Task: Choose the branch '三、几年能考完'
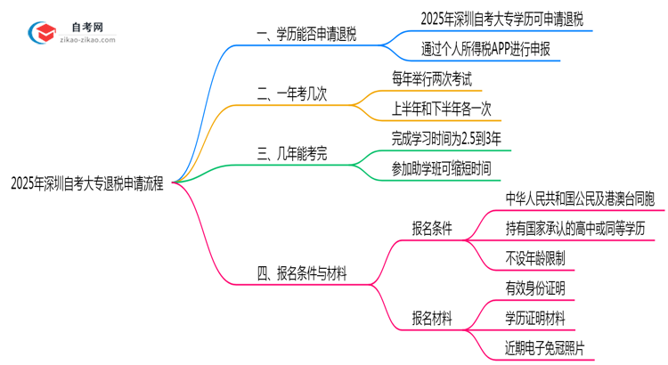click(292, 154)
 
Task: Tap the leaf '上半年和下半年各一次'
click(441, 109)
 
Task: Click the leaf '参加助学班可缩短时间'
click(440, 167)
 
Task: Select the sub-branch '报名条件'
click(432, 228)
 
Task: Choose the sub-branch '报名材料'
click(432, 318)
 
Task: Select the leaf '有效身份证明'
click(534, 288)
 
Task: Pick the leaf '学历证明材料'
click(534, 318)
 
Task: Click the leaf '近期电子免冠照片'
click(546, 347)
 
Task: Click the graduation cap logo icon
click(39, 32)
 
